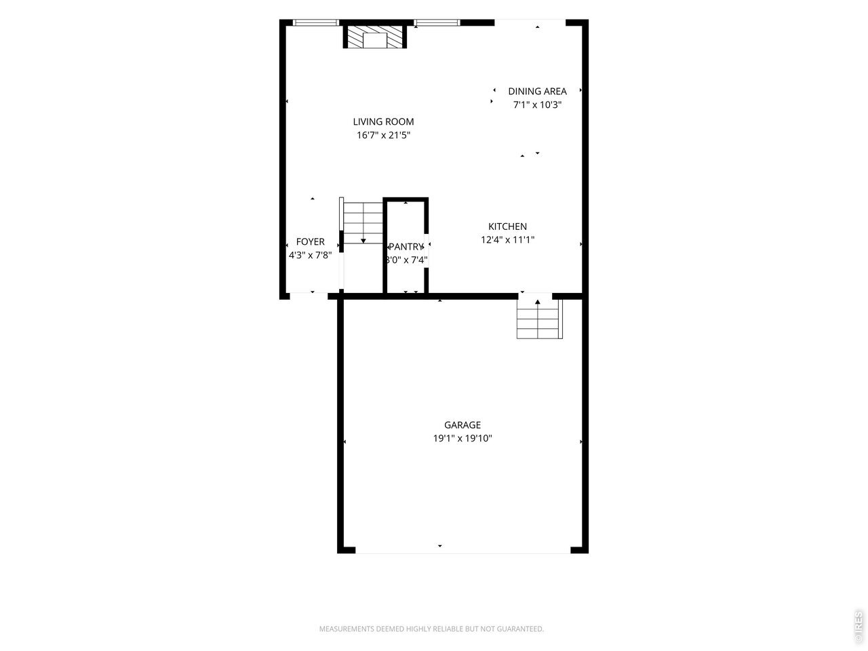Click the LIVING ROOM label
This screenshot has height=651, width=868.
383,122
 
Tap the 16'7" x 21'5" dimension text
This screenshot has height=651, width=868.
383,135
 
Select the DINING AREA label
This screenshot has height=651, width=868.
537,92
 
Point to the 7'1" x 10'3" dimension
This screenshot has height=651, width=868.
537,104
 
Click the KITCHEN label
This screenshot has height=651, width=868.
507,226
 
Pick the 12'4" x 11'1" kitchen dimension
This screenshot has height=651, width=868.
507,240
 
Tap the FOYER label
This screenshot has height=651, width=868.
310,241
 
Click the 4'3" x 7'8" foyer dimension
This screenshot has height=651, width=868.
310,255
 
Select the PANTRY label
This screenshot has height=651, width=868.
406,247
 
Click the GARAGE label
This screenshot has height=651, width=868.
462,425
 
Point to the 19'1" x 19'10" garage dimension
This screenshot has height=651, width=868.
462,438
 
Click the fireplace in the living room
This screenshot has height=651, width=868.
374,37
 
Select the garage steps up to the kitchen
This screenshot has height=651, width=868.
539,319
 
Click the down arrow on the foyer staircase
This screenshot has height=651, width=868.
363,241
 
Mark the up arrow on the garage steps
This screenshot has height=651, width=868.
537,302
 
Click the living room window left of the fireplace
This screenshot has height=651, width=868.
315,22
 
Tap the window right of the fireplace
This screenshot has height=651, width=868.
437,22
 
